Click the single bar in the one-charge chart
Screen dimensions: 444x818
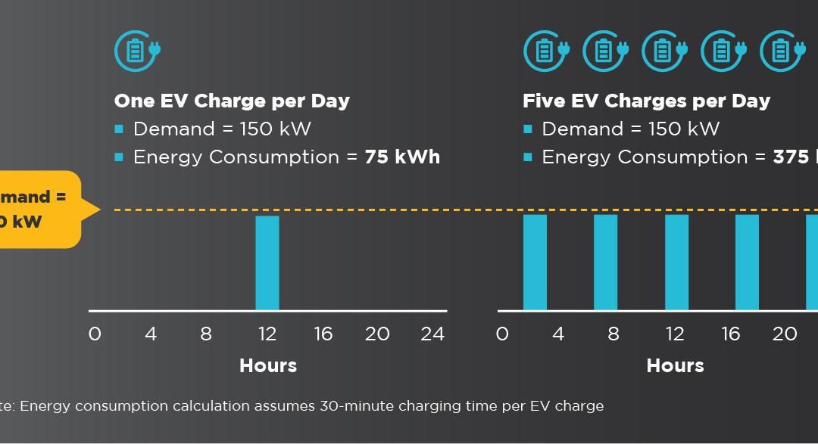click(x=267, y=262)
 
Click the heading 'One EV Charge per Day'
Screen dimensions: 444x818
click(x=232, y=101)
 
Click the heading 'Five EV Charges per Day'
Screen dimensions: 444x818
click(x=646, y=101)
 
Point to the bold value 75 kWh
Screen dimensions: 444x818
click(x=402, y=157)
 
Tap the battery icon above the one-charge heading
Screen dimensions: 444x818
click(x=137, y=51)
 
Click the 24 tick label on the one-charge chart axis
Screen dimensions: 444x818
click(x=432, y=334)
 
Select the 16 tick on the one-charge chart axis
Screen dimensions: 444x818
click(x=323, y=334)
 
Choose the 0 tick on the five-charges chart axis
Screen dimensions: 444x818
click(x=502, y=334)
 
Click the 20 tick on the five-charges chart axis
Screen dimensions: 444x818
click(x=785, y=334)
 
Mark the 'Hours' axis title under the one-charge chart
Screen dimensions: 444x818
click(x=268, y=366)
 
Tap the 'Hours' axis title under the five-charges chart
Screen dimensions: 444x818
click(x=675, y=366)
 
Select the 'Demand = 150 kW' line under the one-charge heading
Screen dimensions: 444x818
click(x=222, y=129)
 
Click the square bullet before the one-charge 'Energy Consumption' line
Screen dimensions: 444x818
click(x=119, y=157)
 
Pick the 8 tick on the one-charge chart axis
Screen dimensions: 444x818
click(x=206, y=334)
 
